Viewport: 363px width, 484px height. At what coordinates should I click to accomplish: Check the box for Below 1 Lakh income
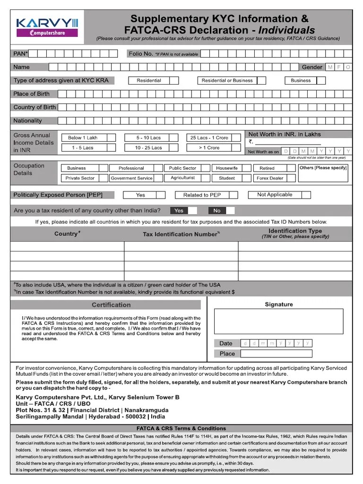(x=111, y=138)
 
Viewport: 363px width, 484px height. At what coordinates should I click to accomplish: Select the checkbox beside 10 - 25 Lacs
(x=175, y=148)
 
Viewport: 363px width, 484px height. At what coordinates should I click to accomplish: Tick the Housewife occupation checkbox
(x=246, y=168)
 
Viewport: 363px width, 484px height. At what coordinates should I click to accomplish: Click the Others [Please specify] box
(x=323, y=173)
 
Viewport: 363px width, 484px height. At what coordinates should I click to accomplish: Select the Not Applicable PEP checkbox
(x=306, y=195)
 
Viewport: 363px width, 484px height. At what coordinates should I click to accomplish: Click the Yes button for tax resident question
(x=179, y=210)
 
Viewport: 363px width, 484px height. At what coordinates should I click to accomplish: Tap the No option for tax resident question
(x=216, y=210)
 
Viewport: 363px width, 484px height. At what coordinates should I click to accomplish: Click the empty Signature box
(x=278, y=321)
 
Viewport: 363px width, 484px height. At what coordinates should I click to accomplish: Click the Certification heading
(x=111, y=305)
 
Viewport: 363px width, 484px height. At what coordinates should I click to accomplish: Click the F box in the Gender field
(x=339, y=68)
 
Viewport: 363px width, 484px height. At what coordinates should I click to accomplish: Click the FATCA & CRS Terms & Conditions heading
(x=181, y=428)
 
